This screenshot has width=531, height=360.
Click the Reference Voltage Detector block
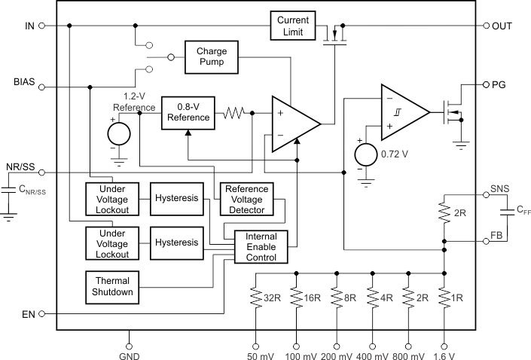[x=246, y=199]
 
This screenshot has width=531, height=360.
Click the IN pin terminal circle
[x=41, y=25]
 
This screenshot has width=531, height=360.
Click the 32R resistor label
[x=271, y=299]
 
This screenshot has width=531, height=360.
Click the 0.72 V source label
[x=395, y=154]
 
